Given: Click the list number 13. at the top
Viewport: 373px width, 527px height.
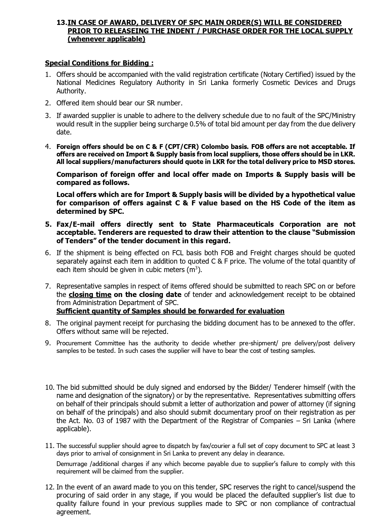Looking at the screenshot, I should pos(62,23).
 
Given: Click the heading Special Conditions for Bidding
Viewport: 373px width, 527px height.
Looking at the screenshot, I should pos(99,63).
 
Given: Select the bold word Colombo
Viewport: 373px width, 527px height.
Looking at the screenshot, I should pos(214,147).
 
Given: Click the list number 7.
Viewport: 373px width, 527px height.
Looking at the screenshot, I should pos(48,286).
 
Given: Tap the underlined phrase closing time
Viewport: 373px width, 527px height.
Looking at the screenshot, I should pos(90,295).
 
